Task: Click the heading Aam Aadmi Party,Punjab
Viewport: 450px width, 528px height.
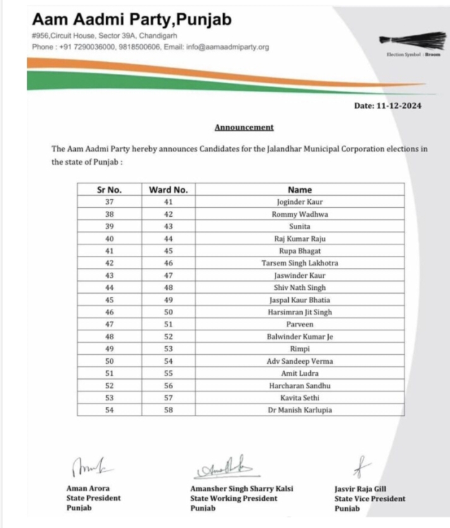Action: [x=131, y=20]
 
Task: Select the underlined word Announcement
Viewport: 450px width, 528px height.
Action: [x=244, y=127]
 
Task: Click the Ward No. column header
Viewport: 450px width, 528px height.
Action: [x=168, y=189]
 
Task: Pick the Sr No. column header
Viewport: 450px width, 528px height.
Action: [x=109, y=189]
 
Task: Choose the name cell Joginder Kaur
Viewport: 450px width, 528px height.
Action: [x=300, y=202]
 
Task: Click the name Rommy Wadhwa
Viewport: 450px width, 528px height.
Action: [x=300, y=214]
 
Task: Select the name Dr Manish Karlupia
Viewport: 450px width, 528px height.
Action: [x=300, y=409]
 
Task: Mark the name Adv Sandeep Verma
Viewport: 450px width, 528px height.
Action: [x=300, y=361]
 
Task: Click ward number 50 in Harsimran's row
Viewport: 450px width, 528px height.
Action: [x=168, y=311]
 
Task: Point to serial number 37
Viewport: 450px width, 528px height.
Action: [x=109, y=202]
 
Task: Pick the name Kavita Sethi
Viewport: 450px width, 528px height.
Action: [x=300, y=397]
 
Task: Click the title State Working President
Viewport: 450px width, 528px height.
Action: [x=233, y=498]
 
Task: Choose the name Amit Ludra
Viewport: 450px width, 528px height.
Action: [x=300, y=373]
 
